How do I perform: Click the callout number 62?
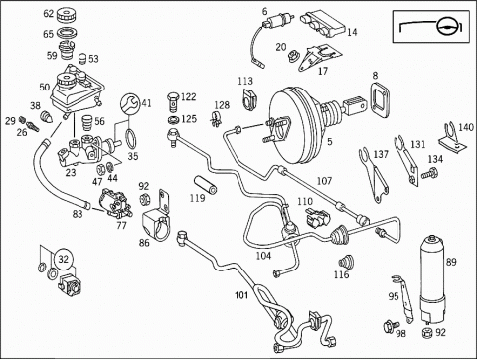49,14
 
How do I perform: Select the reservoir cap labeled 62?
67,16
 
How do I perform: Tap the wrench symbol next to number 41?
130,103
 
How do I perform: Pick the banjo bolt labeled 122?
173,101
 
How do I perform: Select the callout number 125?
189,119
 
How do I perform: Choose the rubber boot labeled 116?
346,262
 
